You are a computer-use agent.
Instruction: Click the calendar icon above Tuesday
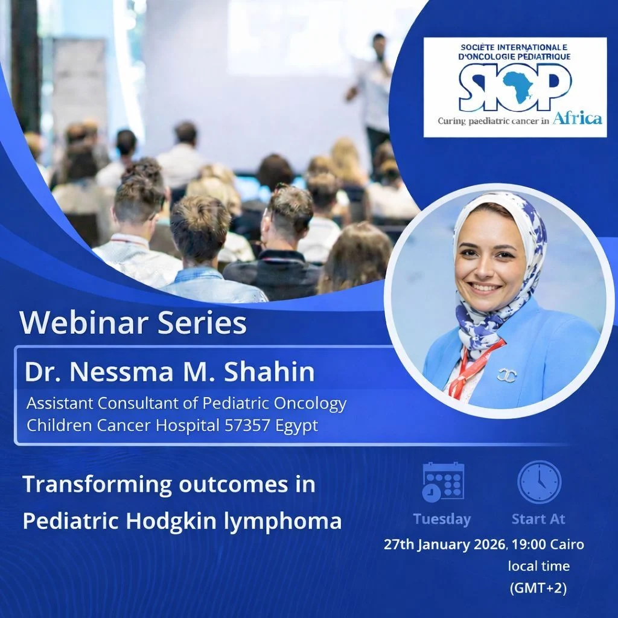[443, 482]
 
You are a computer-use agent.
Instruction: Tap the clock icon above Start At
[539, 482]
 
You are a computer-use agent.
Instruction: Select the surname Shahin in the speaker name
[269, 371]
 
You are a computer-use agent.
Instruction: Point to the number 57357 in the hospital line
[247, 425]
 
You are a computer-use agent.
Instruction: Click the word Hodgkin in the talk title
[171, 521]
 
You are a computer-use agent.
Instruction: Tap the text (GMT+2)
[538, 588]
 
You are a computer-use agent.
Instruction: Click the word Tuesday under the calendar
[442, 519]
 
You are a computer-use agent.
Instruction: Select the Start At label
[538, 519]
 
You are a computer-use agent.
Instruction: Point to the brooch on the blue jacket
[506, 374]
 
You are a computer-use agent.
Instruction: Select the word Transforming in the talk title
[97, 484]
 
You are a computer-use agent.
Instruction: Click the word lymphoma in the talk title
[282, 521]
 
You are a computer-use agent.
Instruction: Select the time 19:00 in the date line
[529, 544]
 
